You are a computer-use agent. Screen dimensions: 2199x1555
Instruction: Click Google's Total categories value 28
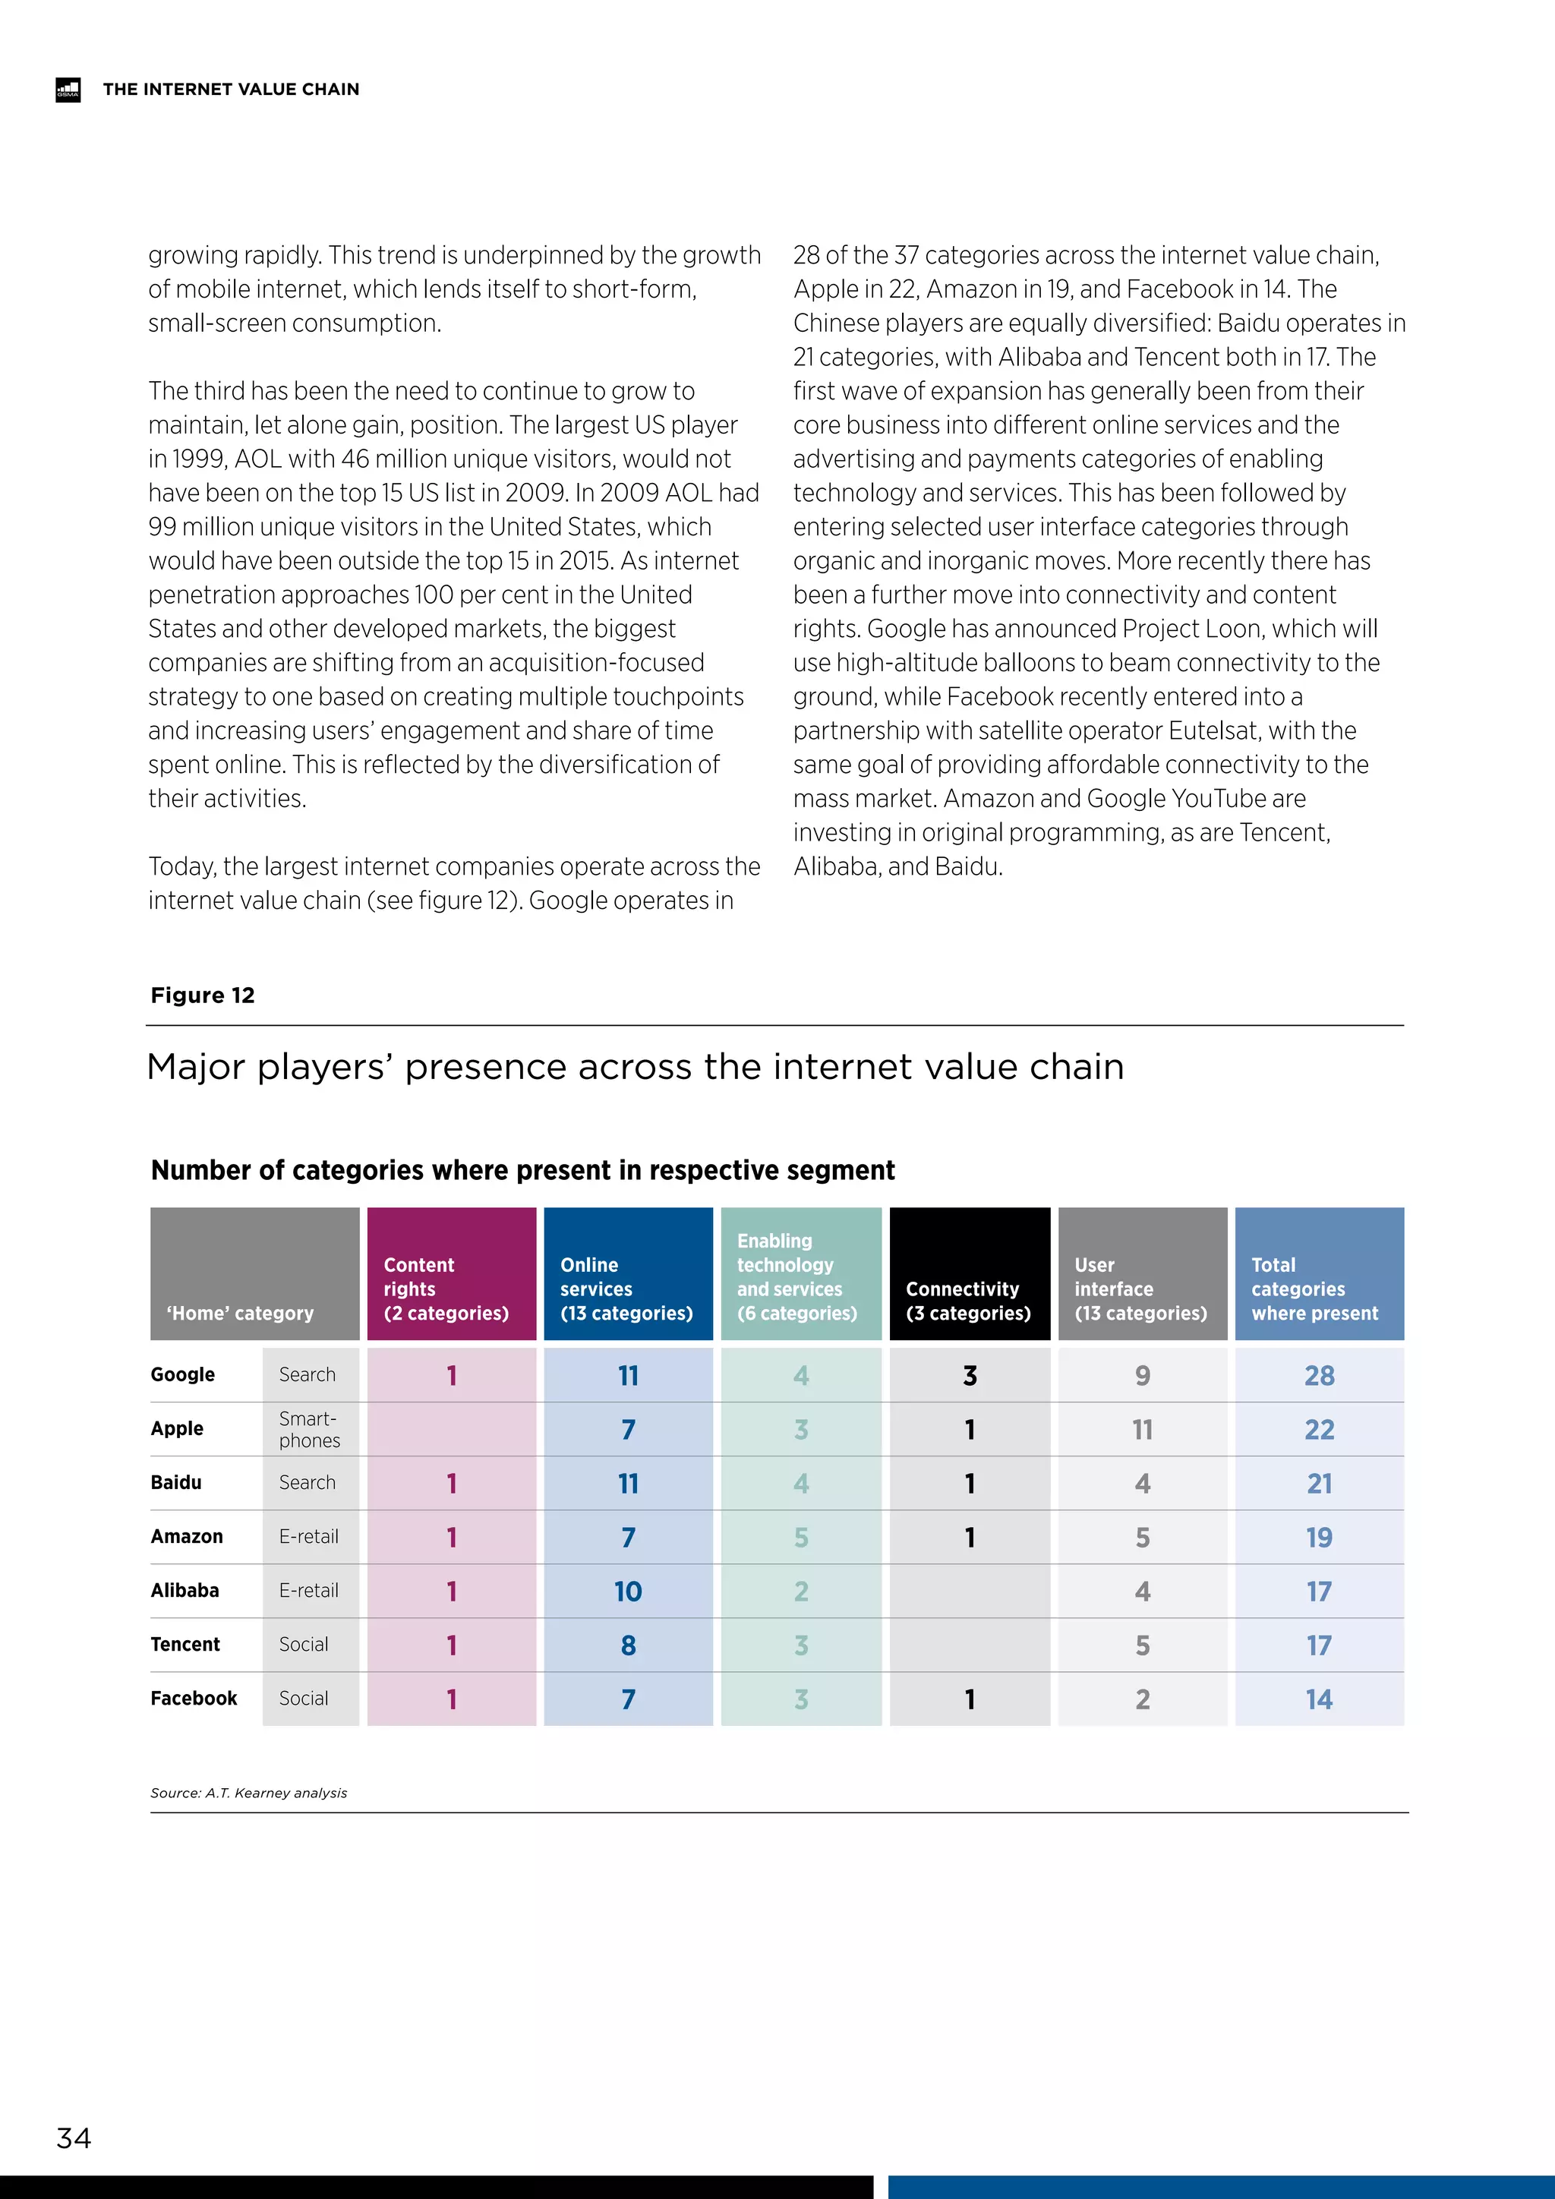click(x=1319, y=1375)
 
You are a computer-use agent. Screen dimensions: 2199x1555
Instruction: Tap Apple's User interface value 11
click(x=1141, y=1430)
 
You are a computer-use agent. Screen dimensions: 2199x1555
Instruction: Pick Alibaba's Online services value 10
click(x=627, y=1592)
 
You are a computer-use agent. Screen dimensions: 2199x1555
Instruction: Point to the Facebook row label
click(x=194, y=1698)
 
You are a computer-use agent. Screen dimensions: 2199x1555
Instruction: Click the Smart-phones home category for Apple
click(x=309, y=1429)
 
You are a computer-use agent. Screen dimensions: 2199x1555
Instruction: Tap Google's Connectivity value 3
click(x=969, y=1375)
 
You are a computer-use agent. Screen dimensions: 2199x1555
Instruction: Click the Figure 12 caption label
click(x=203, y=995)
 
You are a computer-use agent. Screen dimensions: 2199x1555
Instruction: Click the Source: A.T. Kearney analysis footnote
click(x=249, y=1793)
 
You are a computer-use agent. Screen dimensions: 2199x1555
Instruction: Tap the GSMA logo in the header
click(x=68, y=89)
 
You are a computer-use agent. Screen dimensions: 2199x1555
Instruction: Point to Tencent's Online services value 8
click(x=627, y=1645)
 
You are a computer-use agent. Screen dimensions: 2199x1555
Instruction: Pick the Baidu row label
click(x=176, y=1483)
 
